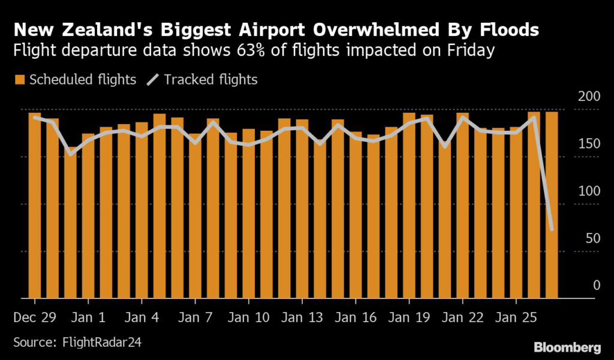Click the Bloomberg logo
click(567, 347)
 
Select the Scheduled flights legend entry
click(76, 79)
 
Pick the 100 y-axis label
click(589, 191)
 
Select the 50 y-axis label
click(592, 239)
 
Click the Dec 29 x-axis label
click(35, 316)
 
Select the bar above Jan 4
click(142, 210)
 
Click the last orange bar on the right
click(551, 205)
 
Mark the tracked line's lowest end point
click(551, 229)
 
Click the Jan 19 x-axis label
click(408, 316)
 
